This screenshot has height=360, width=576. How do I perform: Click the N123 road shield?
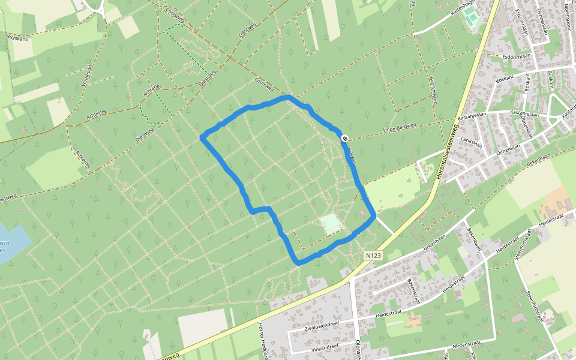373,256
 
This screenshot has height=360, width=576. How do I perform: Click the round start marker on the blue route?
344,139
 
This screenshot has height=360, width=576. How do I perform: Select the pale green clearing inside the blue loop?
331,224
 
